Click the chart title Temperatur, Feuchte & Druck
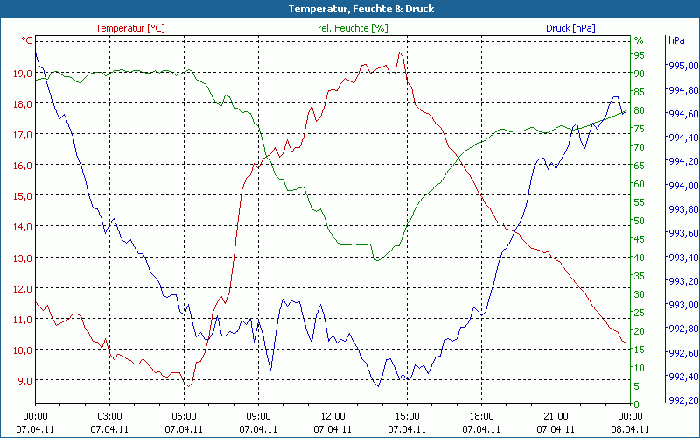pos(349,9)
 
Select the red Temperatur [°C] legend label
pos(129,28)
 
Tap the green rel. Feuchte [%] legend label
pos(353,28)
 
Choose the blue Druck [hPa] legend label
pos(570,28)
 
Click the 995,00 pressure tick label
pos(682,66)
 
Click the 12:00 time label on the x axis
pos(332,416)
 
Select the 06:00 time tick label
pos(184,416)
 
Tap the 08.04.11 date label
pos(630,428)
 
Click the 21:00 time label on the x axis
pos(556,416)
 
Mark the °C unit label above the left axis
pos(27,40)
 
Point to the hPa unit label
pos(675,40)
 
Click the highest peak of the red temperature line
pos(400,53)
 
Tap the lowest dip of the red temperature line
pos(187,386)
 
